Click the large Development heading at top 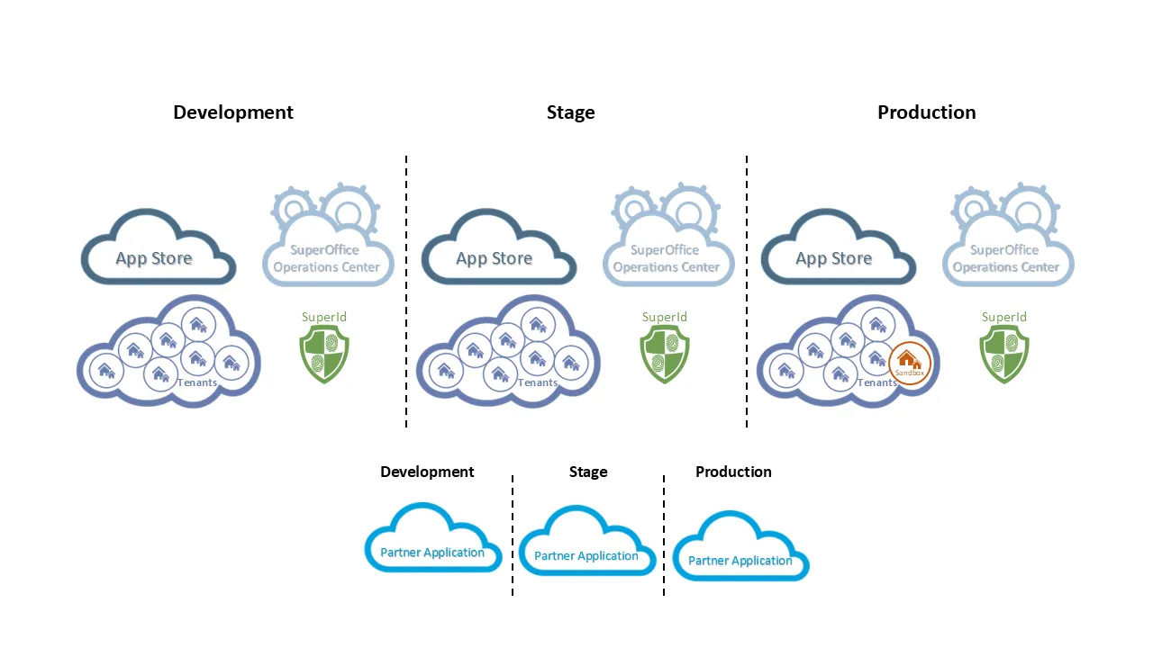tap(233, 112)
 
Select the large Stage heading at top tap(570, 112)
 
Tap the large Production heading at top tap(926, 112)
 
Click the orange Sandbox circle tap(910, 364)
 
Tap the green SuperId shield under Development tap(324, 355)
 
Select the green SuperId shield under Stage tap(665, 355)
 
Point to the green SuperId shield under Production tap(1004, 355)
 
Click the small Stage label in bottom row tap(588, 472)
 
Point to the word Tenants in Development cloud tap(197, 382)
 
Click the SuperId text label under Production tap(1004, 317)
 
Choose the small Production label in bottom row tap(733, 472)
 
